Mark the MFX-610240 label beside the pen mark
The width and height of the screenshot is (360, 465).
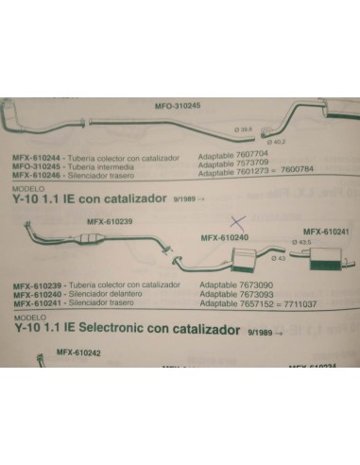point(224,237)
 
